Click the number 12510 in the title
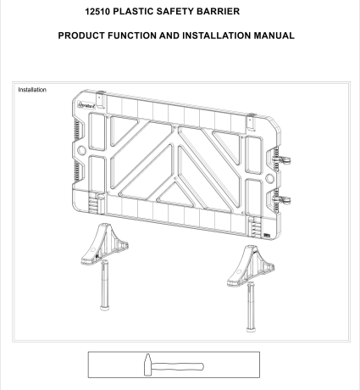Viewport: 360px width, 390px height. point(97,11)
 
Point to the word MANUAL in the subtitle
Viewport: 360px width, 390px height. point(274,36)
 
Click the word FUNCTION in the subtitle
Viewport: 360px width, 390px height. point(132,36)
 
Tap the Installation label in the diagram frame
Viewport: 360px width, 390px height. point(32,90)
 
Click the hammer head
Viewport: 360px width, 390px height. point(147,365)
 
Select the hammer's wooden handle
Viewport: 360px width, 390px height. point(177,366)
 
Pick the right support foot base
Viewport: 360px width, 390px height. point(250,266)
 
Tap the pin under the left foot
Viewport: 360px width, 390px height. point(105,285)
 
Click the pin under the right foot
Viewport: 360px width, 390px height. point(251,307)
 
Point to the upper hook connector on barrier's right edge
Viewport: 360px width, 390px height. point(282,160)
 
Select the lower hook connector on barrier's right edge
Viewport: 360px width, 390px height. point(282,200)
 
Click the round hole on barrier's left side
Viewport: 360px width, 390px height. point(81,150)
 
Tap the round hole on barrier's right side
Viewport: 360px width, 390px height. point(269,178)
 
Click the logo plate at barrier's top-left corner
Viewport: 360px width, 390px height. point(87,105)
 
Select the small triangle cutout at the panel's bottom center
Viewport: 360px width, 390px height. point(175,194)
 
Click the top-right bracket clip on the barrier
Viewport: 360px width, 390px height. point(251,122)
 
